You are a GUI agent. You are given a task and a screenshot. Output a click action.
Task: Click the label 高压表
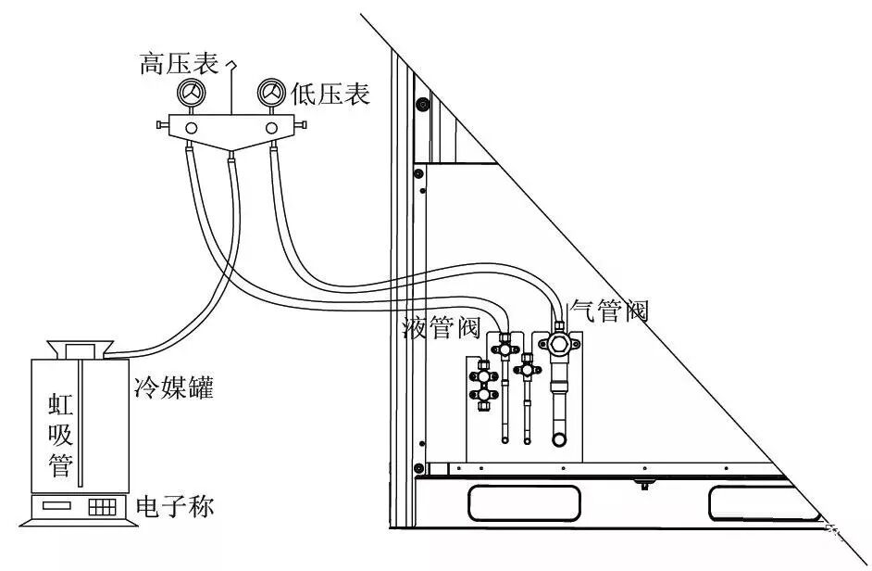click(178, 64)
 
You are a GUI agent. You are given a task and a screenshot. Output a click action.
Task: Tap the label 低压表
click(330, 94)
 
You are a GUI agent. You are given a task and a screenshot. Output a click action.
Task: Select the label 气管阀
click(608, 311)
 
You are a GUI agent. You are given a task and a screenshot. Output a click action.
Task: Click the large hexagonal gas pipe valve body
click(559, 343)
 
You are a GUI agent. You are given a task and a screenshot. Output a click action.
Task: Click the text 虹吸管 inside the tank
click(60, 435)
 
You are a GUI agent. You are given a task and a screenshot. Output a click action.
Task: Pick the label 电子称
click(175, 508)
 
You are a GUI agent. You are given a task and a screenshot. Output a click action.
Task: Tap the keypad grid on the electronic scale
click(102, 508)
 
